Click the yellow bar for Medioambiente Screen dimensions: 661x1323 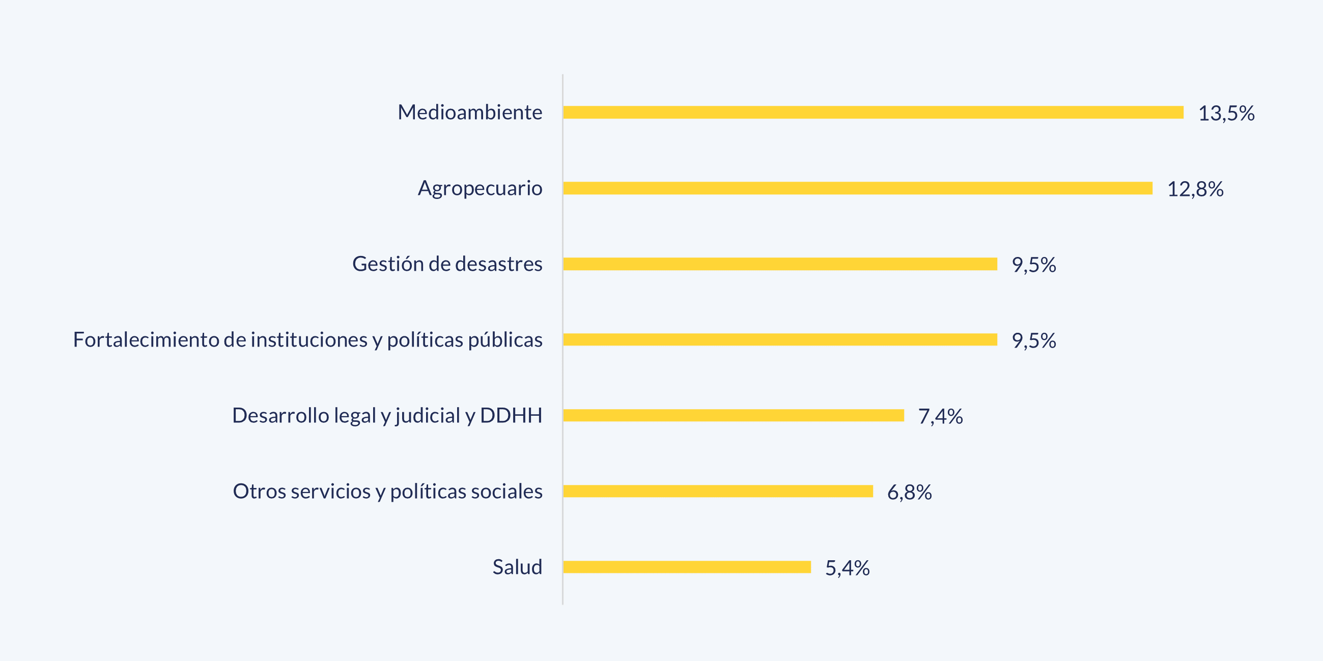[873, 112]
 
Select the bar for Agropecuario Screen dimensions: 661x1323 [858, 188]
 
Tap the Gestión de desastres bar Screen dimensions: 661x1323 [780, 264]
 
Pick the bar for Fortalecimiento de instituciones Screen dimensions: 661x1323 [780, 340]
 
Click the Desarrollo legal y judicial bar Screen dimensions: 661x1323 [734, 415]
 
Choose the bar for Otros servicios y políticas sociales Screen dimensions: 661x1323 [718, 491]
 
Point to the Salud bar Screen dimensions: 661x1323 [687, 567]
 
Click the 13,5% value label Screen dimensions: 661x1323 [1226, 113]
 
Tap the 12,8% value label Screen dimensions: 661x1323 [1195, 189]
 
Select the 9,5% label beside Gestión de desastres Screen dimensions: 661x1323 [1033, 265]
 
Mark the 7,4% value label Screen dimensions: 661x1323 [940, 416]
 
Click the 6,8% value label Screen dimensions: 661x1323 [909, 492]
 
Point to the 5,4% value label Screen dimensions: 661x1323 [847, 568]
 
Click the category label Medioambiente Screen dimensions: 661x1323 [469, 112]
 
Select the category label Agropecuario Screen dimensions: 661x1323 [480, 188]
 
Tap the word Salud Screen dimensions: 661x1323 [517, 567]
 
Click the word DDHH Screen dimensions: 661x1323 [511, 415]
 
